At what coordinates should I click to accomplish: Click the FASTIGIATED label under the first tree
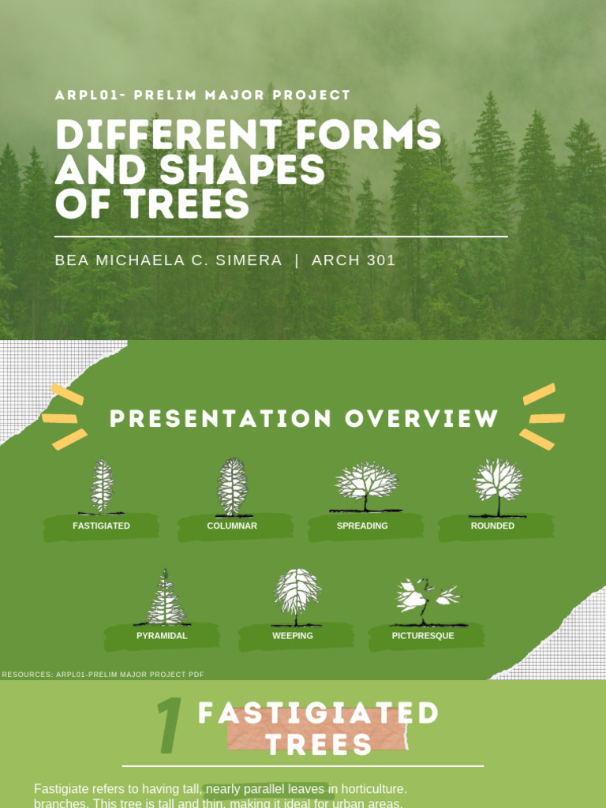click(x=101, y=526)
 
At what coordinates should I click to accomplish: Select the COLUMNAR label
click(x=232, y=526)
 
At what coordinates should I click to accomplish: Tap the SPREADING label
click(x=362, y=526)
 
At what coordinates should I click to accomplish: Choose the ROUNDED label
click(x=492, y=526)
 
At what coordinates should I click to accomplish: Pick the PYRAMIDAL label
click(x=162, y=635)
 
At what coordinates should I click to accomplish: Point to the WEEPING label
click(x=293, y=635)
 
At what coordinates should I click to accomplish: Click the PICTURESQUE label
click(x=423, y=635)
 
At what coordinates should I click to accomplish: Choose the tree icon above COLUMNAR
click(x=232, y=486)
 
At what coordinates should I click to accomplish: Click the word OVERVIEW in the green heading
click(x=421, y=418)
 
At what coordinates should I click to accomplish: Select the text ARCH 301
click(x=353, y=260)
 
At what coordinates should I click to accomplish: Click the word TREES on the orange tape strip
click(x=319, y=743)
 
